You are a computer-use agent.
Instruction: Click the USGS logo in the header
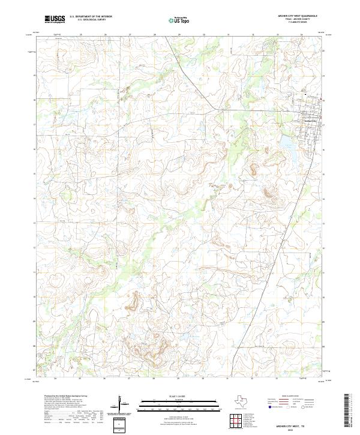click(55, 20)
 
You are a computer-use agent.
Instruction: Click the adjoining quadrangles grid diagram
click(237, 421)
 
